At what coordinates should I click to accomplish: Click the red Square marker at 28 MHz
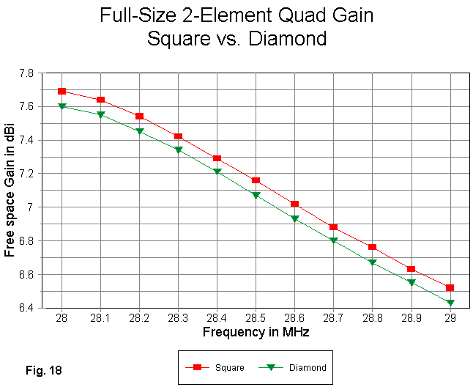pyautogui.click(x=62, y=91)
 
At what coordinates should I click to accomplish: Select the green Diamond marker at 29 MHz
pyautogui.click(x=450, y=303)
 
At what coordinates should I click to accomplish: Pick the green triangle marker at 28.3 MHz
pyautogui.click(x=178, y=150)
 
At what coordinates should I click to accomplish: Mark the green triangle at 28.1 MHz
pyautogui.click(x=100, y=114)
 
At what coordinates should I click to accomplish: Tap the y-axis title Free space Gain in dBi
pyautogui.click(x=10, y=191)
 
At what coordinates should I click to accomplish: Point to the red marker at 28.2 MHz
pyautogui.click(x=139, y=117)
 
